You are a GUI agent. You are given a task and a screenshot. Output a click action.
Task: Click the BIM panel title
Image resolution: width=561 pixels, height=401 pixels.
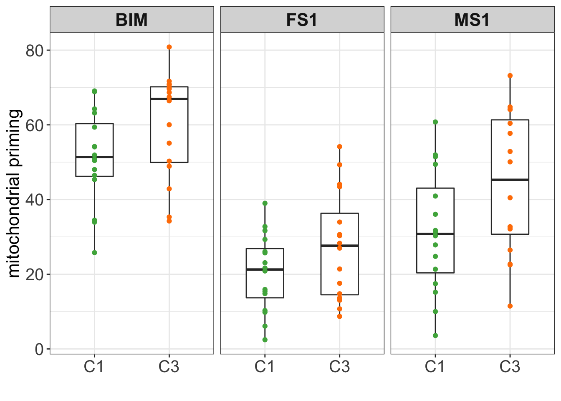(131, 20)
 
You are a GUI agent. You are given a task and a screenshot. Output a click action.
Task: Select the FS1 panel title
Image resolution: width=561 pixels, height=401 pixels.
(302, 20)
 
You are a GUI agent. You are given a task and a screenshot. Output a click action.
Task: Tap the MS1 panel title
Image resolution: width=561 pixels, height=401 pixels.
(472, 20)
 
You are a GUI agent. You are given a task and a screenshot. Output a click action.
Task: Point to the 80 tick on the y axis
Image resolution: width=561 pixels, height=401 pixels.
(35, 51)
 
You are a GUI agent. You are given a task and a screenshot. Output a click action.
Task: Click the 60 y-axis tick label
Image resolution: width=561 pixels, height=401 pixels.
(35, 125)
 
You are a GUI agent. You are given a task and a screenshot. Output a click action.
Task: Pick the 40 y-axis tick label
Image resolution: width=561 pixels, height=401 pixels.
(35, 200)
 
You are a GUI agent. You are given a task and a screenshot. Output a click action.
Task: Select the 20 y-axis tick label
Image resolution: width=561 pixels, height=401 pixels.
(35, 274)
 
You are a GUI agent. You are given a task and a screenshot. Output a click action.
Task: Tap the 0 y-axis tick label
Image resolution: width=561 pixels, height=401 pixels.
(39, 349)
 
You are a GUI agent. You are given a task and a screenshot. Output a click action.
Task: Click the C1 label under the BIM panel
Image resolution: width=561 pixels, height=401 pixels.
(94, 367)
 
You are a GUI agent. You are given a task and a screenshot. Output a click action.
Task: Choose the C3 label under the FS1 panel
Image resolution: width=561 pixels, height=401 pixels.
(339, 367)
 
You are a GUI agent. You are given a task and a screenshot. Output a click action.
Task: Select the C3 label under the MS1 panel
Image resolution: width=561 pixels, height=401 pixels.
(510, 367)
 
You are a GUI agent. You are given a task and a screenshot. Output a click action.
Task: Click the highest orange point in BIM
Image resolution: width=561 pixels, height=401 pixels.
(169, 47)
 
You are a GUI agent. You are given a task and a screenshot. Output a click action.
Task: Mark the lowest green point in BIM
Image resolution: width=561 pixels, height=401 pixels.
(94, 253)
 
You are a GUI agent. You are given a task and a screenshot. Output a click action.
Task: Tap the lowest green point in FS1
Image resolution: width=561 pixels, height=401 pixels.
(265, 340)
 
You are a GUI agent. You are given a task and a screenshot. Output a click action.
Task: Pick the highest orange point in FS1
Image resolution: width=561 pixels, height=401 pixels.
(340, 147)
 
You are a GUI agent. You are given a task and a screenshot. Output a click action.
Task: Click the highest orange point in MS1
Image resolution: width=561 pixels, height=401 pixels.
(510, 76)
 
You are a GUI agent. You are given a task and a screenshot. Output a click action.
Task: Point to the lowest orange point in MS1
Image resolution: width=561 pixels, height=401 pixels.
(510, 306)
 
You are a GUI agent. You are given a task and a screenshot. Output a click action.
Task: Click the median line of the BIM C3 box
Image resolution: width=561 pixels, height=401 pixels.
(169, 99)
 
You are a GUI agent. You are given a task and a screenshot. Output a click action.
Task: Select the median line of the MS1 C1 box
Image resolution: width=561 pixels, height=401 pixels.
(435, 234)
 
